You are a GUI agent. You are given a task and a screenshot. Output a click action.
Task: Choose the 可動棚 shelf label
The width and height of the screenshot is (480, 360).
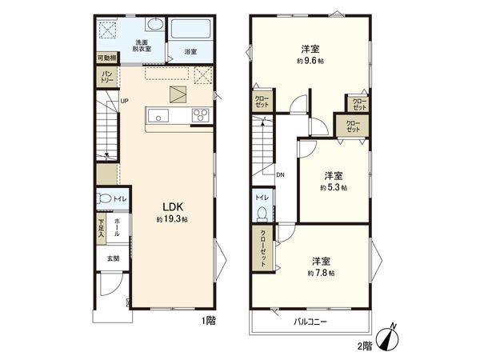(106, 58)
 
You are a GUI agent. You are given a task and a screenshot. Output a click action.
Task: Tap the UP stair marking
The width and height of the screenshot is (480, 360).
(124, 101)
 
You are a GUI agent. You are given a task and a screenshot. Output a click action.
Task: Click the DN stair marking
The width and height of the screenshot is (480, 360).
(281, 174)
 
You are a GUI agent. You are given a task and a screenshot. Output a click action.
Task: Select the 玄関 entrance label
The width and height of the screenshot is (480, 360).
(113, 258)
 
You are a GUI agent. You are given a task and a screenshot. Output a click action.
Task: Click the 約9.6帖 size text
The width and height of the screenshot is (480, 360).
(310, 61)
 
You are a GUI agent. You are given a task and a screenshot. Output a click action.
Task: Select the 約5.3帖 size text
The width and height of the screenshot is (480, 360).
(333, 187)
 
